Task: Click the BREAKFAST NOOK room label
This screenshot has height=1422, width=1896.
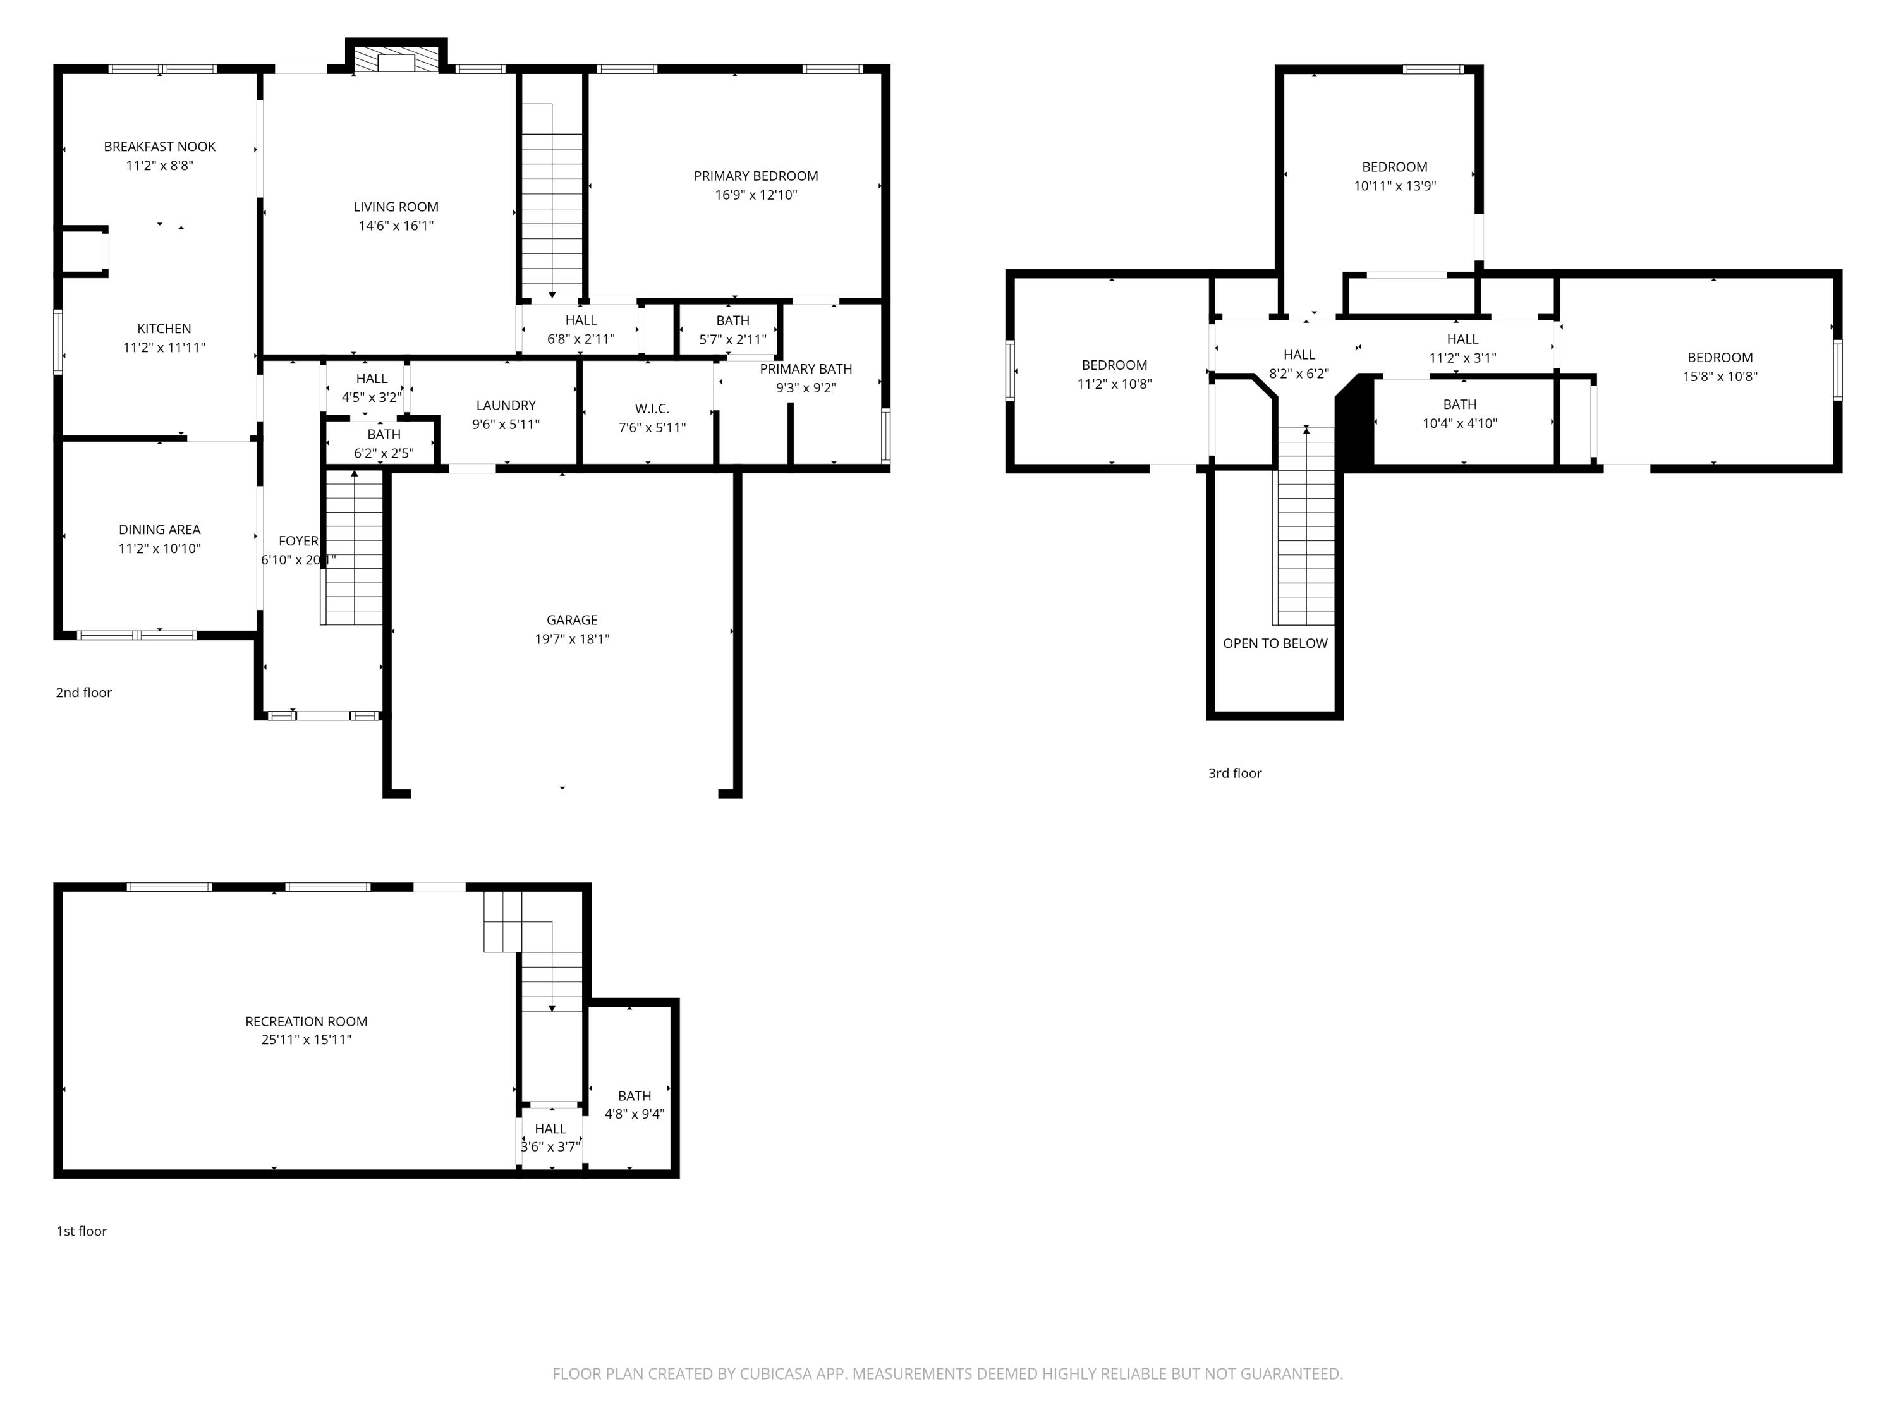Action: (159, 147)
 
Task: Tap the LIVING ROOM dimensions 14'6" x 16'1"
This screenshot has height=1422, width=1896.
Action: (396, 226)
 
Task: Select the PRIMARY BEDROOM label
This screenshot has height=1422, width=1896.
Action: (756, 176)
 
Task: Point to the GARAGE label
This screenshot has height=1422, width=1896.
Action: (572, 620)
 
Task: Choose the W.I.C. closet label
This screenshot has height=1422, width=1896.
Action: (652, 409)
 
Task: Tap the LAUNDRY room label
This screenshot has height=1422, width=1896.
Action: (506, 406)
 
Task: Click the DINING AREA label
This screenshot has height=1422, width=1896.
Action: (159, 530)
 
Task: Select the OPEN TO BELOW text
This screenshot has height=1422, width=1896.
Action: (1275, 643)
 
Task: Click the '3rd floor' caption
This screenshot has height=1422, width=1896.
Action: (1234, 773)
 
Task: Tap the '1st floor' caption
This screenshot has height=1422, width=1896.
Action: (82, 1231)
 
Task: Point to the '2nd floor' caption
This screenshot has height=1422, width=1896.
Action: (83, 693)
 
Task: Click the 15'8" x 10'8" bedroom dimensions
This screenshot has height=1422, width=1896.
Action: (1720, 376)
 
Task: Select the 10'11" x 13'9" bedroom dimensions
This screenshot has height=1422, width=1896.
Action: (1395, 186)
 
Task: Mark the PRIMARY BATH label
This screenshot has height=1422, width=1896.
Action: (806, 368)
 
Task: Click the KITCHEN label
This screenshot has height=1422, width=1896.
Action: (164, 328)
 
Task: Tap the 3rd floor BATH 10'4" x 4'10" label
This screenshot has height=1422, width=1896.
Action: (1460, 413)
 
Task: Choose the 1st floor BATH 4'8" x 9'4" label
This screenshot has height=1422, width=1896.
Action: (635, 1105)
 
